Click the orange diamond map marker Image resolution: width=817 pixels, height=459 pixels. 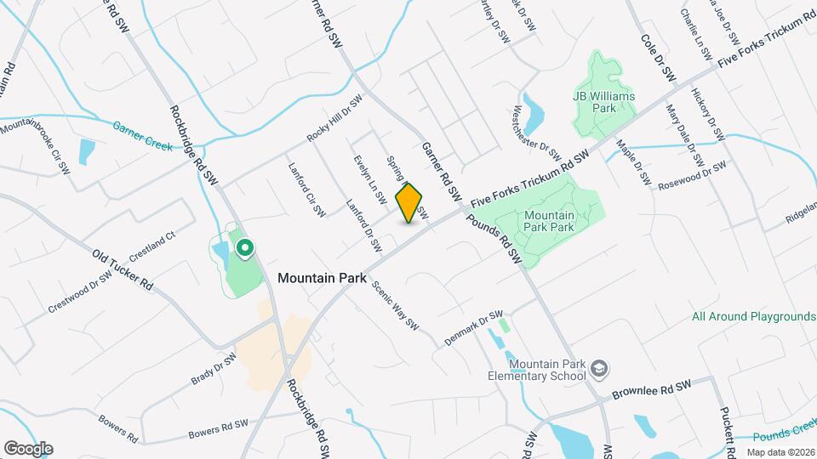pyautogui.click(x=409, y=203)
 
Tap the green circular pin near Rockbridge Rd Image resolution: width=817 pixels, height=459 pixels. pyautogui.click(x=245, y=248)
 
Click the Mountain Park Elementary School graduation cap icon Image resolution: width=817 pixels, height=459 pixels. pyautogui.click(x=600, y=368)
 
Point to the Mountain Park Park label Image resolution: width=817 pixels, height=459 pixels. pyautogui.click(x=549, y=222)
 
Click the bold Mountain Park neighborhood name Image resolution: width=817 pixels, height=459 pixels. pyautogui.click(x=322, y=277)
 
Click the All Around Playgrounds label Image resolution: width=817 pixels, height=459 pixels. pyautogui.click(x=753, y=316)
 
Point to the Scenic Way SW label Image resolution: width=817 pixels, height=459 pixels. pyautogui.click(x=396, y=305)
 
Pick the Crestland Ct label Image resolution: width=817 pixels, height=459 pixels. pyautogui.click(x=151, y=247)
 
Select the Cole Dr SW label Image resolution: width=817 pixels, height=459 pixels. pyautogui.click(x=657, y=59)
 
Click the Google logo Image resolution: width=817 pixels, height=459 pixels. pyautogui.click(x=28, y=448)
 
